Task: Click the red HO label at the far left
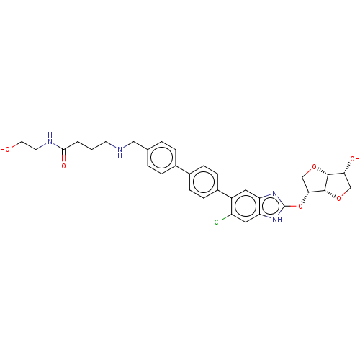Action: [6, 150]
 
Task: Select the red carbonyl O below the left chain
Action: [63, 166]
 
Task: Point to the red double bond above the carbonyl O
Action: [63, 158]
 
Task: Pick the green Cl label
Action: [217, 222]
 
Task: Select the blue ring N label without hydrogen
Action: [275, 193]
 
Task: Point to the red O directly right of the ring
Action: [300, 206]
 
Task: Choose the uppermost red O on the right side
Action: [314, 168]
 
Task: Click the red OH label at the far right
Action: [354, 158]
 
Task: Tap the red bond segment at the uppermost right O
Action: [308, 171]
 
